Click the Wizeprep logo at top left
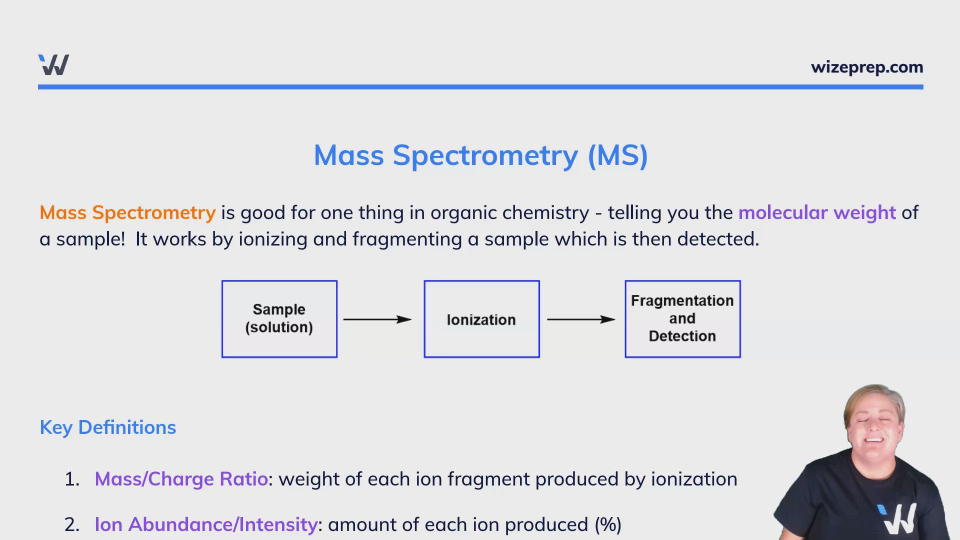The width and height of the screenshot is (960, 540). pyautogui.click(x=53, y=65)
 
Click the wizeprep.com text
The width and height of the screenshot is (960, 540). pyautogui.click(x=866, y=67)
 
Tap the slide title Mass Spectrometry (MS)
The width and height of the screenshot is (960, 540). pyautogui.click(x=480, y=155)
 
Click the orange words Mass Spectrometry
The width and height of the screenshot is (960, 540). pyautogui.click(x=127, y=213)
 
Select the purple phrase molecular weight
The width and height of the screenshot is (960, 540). pyautogui.click(x=816, y=213)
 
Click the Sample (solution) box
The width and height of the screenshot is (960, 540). pyautogui.click(x=279, y=319)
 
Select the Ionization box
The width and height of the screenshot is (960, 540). pyautogui.click(x=481, y=319)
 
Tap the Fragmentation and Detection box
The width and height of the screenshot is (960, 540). pyautogui.click(x=682, y=319)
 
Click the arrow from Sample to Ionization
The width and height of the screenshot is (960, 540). pyautogui.click(x=377, y=319)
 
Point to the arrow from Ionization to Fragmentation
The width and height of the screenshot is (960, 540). pyautogui.click(x=581, y=319)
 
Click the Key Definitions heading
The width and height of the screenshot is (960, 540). pyautogui.click(x=108, y=427)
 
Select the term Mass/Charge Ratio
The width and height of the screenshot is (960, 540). pyautogui.click(x=181, y=479)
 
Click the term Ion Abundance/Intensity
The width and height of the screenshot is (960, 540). pyautogui.click(x=206, y=524)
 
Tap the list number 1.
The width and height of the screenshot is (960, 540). pyautogui.click(x=71, y=479)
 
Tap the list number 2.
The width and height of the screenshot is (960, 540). pyautogui.click(x=71, y=524)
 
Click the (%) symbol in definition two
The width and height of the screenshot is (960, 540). pyautogui.click(x=608, y=524)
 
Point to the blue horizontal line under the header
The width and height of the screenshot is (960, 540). pyautogui.click(x=480, y=87)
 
